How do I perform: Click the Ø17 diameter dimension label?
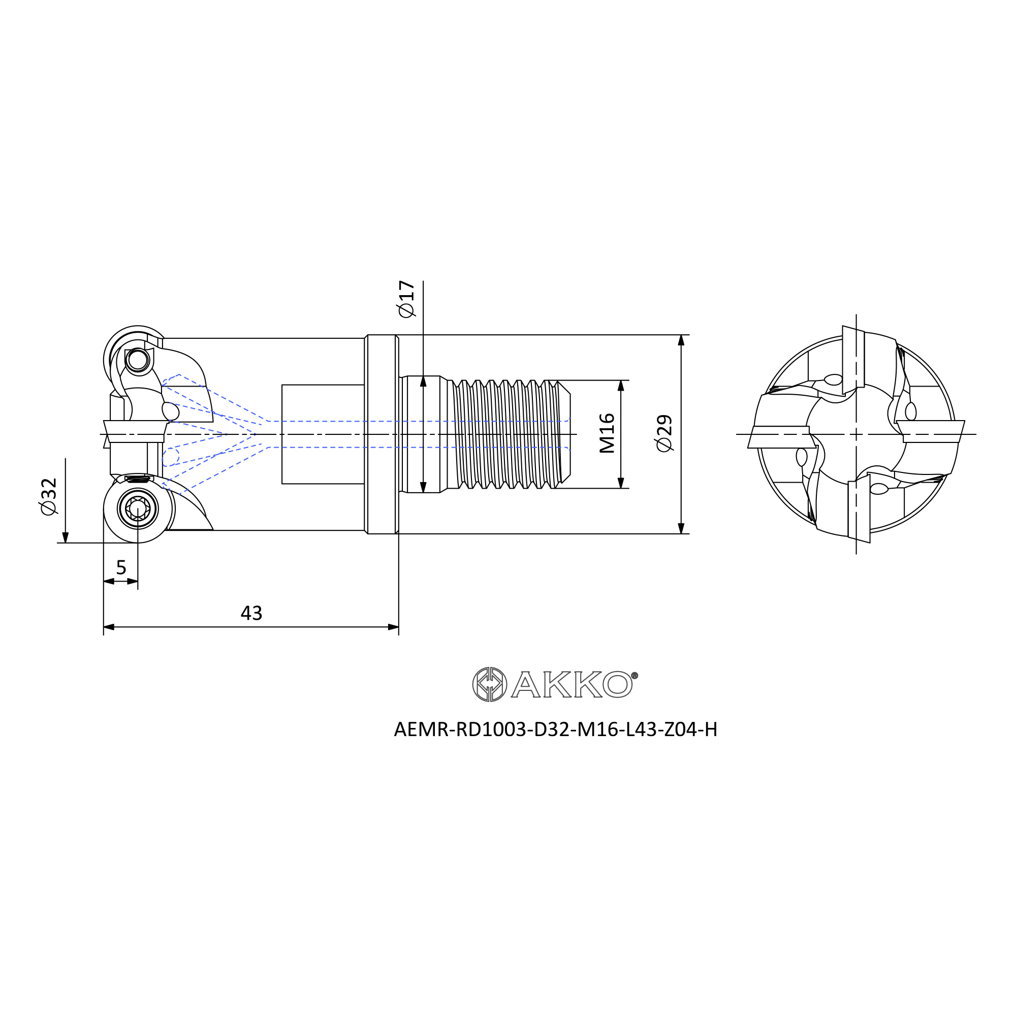[x=406, y=299]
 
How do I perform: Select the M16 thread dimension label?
[x=607, y=433]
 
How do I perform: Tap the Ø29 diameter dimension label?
[x=664, y=433]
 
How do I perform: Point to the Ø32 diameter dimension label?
[x=48, y=496]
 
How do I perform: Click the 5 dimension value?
[x=121, y=567]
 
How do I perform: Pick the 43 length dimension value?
[x=251, y=613]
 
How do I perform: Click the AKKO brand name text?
[x=571, y=684]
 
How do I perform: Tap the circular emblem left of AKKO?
[x=490, y=684]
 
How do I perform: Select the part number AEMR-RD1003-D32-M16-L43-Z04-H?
[x=555, y=729]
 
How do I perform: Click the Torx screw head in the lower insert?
[x=138, y=508]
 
